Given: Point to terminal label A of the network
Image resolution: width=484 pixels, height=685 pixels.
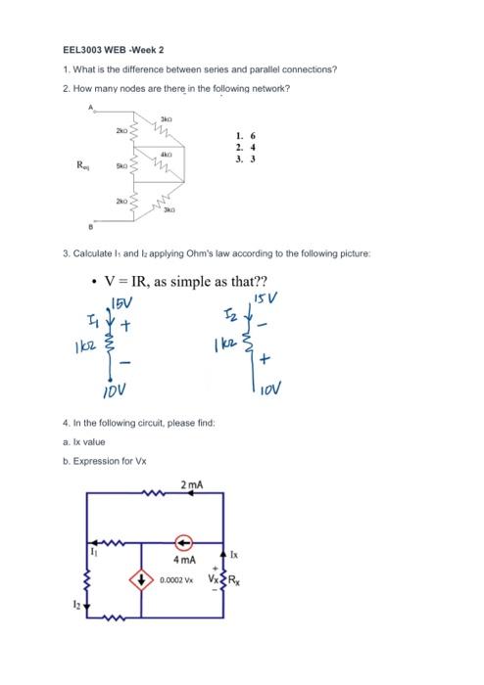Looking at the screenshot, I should click(x=93, y=106).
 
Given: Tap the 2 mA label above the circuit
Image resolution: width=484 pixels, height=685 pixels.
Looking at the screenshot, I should click(x=192, y=486).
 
